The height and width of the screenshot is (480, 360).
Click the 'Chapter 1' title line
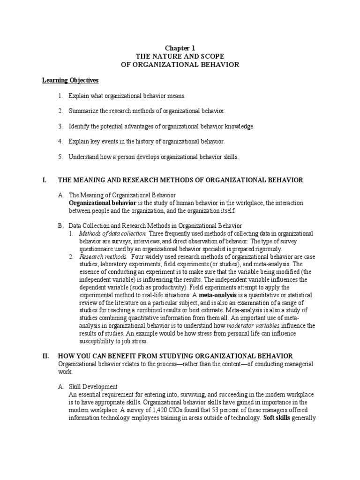tap(180, 48)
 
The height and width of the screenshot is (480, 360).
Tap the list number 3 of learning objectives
tap(60, 127)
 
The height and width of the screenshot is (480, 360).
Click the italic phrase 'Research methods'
tap(103, 257)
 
